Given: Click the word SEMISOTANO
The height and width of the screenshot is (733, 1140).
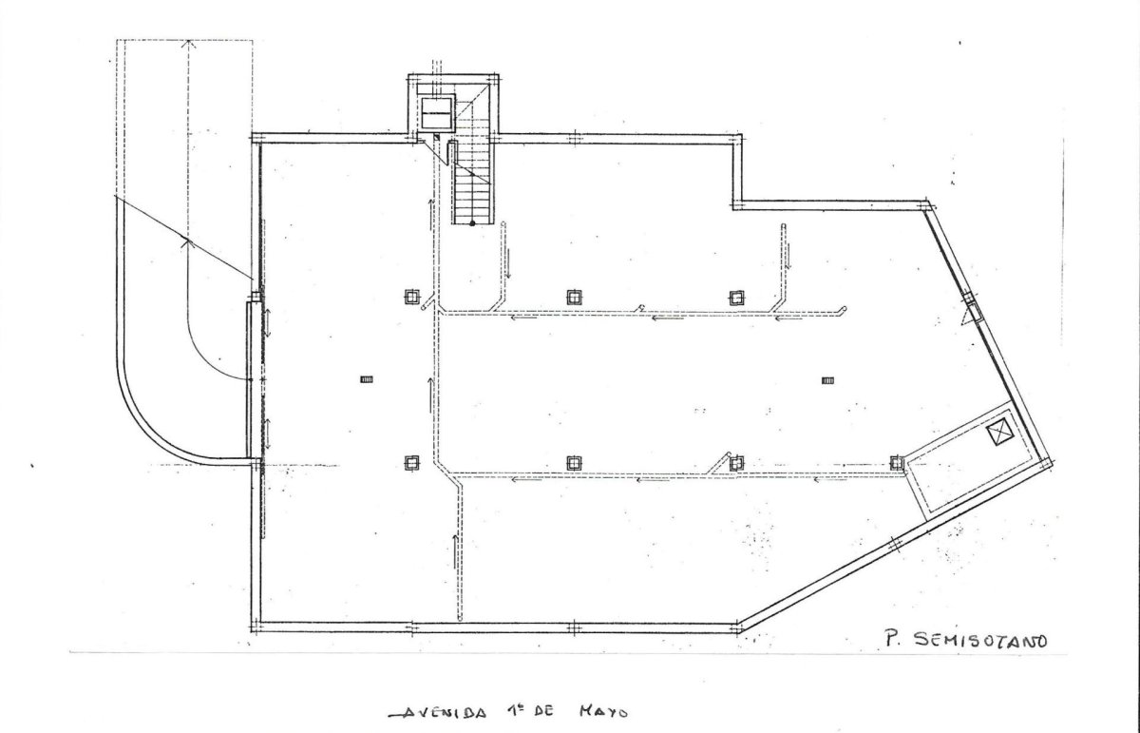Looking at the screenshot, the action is tap(979, 640).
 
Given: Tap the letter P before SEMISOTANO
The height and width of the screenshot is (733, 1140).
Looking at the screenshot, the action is tap(891, 639).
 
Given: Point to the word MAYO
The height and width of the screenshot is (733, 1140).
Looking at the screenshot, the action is tap(603, 711).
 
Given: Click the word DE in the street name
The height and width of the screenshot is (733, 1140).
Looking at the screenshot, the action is tap(543, 711).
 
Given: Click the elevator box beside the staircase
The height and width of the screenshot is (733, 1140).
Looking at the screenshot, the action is tap(437, 113).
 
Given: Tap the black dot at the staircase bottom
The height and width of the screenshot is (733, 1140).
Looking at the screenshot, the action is tap(472, 223).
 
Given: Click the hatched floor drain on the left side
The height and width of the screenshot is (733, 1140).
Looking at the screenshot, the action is tap(367, 379).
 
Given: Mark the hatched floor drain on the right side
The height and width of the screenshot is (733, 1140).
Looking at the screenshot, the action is tap(828, 380).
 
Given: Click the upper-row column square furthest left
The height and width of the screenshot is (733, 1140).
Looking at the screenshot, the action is tap(412, 297).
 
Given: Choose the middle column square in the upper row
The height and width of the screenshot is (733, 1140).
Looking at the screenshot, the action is tap(575, 297).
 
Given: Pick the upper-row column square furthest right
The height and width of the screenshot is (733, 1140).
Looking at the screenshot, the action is tap(736, 298).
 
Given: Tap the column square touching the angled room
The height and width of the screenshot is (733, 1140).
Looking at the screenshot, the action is tap(897, 462).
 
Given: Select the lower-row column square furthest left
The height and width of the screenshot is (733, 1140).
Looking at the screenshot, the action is tap(412, 462).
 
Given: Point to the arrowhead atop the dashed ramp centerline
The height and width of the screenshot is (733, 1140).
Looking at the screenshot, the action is tap(189, 44).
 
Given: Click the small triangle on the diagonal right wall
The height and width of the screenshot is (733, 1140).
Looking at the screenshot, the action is tap(967, 318).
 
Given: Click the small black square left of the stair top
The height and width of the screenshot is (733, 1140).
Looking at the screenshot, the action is tap(436, 137).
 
